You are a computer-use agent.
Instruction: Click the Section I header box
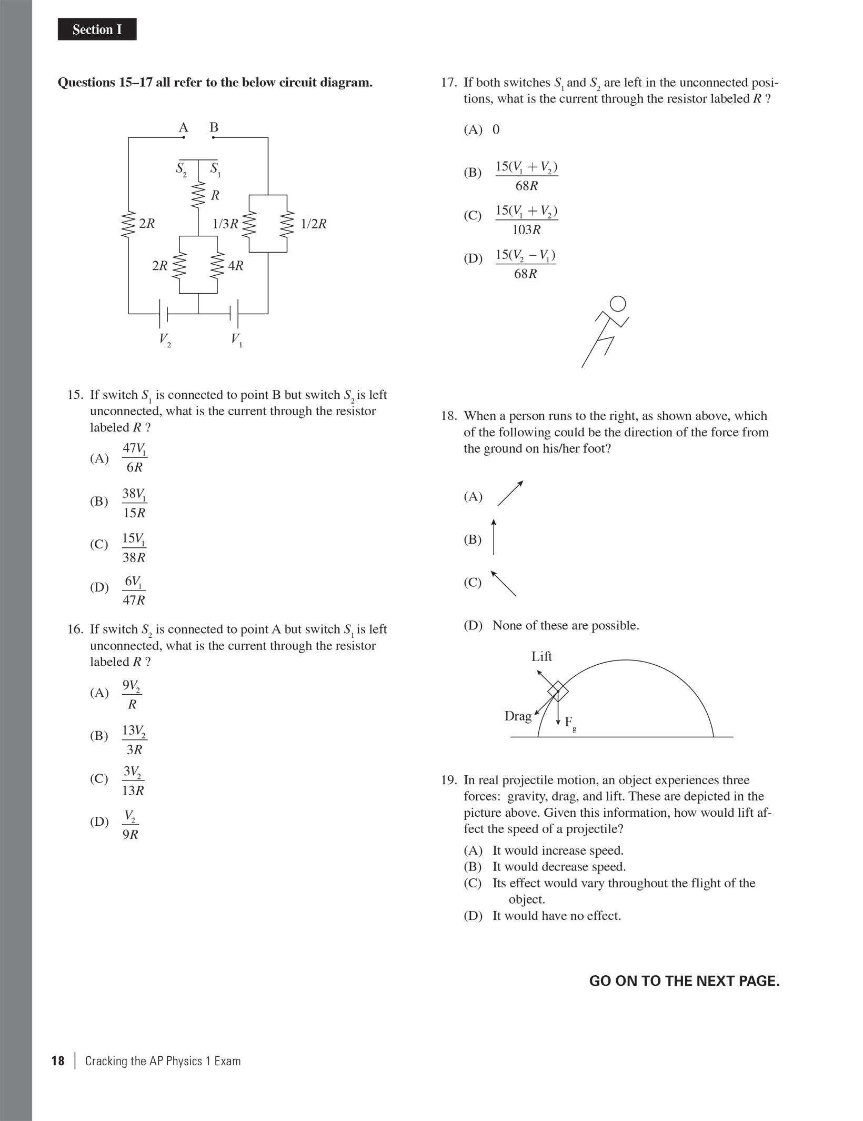click(97, 29)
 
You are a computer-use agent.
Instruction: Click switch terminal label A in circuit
click(183, 127)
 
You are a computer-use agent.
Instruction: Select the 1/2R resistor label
click(314, 224)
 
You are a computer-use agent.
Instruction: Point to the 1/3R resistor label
click(225, 224)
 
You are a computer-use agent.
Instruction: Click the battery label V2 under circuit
click(165, 339)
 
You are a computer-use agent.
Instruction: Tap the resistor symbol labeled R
click(198, 195)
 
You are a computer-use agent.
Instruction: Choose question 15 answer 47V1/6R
click(134, 457)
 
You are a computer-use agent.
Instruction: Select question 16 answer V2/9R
click(131, 825)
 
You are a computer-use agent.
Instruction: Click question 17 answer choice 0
click(496, 129)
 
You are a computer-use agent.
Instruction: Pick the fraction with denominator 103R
click(526, 219)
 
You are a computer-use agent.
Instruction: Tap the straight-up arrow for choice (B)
click(493, 537)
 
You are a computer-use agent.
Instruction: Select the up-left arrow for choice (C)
click(504, 583)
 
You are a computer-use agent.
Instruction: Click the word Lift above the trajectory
click(541, 656)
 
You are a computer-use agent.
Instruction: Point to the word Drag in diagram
click(518, 716)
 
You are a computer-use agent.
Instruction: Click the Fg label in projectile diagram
click(570, 723)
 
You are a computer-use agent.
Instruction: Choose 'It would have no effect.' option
click(556, 916)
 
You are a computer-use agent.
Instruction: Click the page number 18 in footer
click(58, 1060)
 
